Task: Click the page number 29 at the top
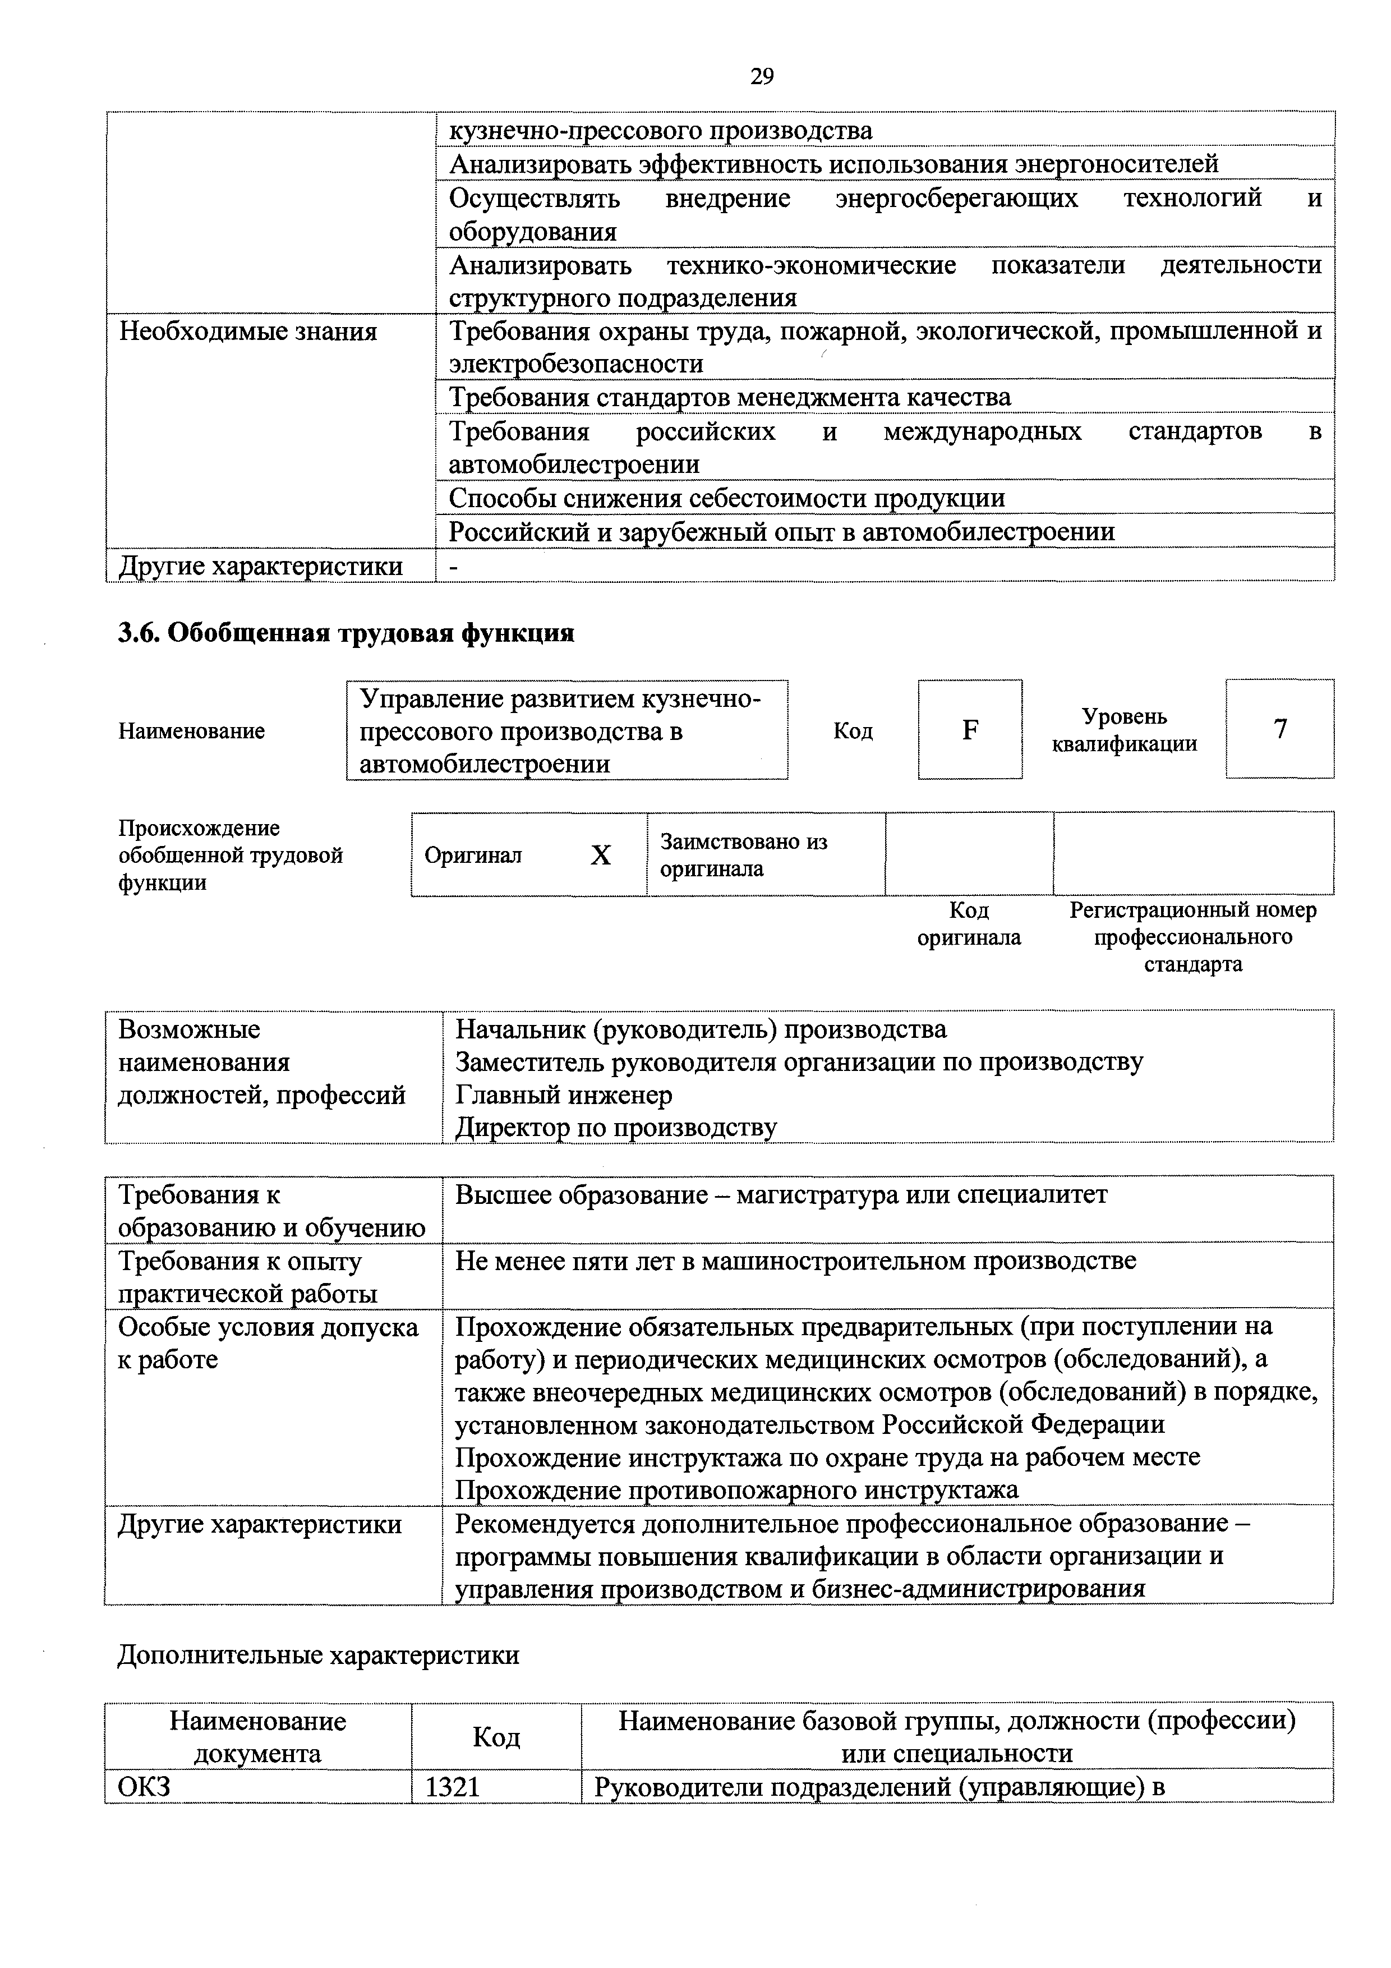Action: pos(761,77)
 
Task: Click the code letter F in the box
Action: pos(970,729)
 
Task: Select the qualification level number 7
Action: pos(1279,729)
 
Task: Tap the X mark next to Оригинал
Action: pos(601,854)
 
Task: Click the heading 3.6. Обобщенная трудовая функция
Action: pos(346,633)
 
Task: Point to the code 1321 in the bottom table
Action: pos(453,1787)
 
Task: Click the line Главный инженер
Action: pos(563,1095)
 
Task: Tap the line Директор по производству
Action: pos(615,1127)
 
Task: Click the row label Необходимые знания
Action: pos(248,332)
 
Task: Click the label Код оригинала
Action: pos(969,923)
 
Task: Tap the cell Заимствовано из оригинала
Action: pos(743,854)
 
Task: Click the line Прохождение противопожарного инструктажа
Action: pos(736,1489)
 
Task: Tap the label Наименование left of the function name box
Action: pos(192,731)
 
